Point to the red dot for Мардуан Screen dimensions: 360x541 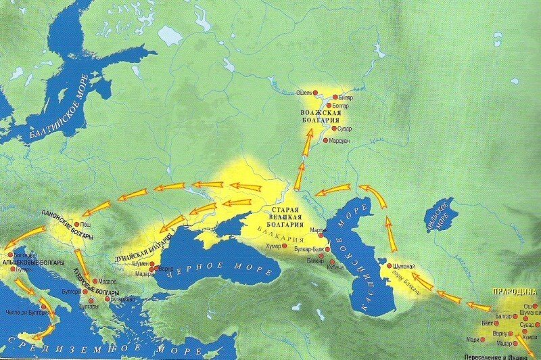tap(325, 140)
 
